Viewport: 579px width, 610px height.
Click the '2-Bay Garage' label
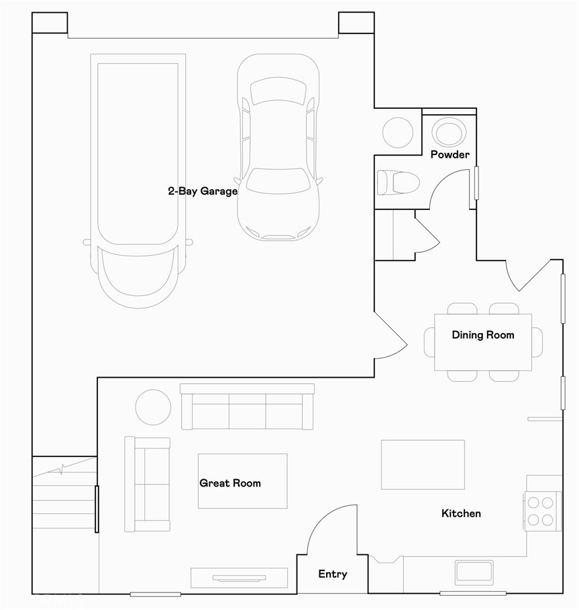[x=202, y=191]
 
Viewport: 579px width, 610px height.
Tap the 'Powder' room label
[x=450, y=154]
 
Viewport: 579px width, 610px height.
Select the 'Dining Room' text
[x=482, y=335]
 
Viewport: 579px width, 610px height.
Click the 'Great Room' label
[x=230, y=483]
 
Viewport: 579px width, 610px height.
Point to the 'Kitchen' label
[x=461, y=513]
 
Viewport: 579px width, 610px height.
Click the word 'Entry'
[x=333, y=574]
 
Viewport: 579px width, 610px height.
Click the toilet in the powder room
[x=399, y=183]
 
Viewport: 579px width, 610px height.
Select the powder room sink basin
[x=449, y=132]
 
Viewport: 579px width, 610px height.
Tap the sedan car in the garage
[x=278, y=148]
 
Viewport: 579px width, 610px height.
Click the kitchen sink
[x=474, y=572]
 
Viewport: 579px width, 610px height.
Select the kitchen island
[x=423, y=464]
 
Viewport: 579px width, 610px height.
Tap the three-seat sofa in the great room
[x=248, y=407]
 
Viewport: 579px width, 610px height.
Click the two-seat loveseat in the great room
[x=148, y=484]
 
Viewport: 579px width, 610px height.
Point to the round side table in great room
[x=153, y=407]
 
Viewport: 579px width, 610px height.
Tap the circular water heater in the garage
[x=398, y=132]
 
